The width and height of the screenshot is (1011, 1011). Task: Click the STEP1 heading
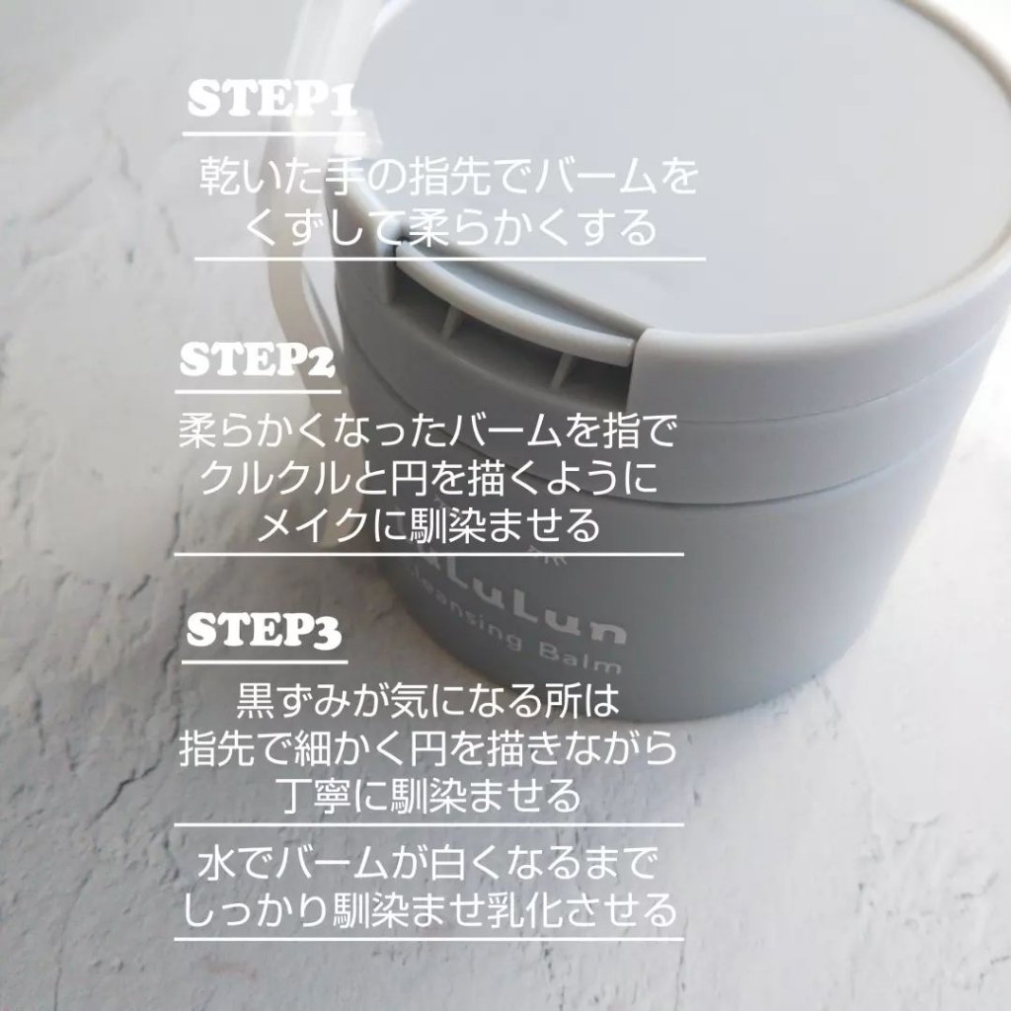(x=272, y=100)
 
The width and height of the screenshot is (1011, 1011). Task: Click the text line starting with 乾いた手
(x=449, y=176)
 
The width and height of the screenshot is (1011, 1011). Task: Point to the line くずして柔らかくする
(x=450, y=227)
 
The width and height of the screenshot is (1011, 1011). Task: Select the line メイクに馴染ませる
(x=428, y=524)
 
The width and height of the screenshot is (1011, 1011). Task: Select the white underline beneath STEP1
(x=274, y=134)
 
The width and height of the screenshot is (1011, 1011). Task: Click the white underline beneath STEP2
(x=258, y=391)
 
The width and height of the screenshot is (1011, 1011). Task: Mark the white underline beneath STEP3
(x=265, y=661)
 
